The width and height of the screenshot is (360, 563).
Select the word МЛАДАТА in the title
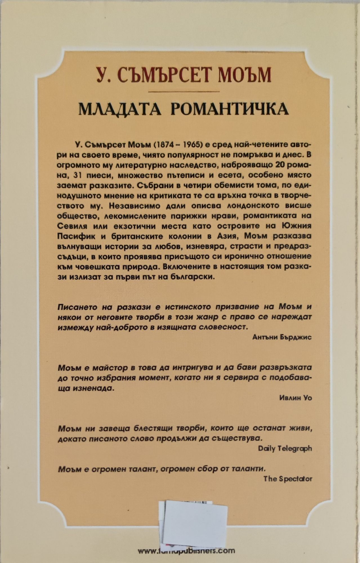[x=120, y=109]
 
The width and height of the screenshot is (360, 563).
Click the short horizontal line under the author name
[x=180, y=91]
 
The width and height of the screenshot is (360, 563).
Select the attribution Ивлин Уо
[x=296, y=397]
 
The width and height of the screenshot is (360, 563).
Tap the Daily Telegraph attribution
[x=285, y=448]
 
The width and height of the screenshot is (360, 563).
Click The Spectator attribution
[x=288, y=479]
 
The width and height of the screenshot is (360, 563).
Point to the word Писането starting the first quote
[x=77, y=307]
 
